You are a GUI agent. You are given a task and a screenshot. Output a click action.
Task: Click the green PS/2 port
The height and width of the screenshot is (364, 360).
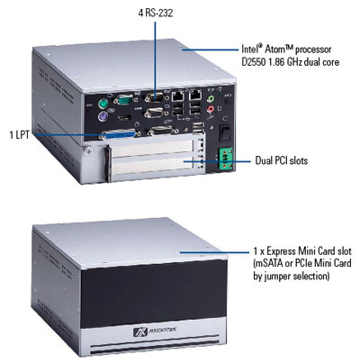coord(103,105)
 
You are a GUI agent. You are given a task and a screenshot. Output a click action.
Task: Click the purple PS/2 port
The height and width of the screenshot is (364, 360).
coord(103,116)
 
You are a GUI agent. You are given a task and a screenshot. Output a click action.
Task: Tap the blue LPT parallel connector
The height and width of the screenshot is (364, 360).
coord(119,134)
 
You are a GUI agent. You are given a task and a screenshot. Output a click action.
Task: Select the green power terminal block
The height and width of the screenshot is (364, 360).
coord(226,159)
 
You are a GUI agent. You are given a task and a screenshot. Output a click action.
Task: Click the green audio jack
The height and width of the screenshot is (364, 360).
coord(211,98)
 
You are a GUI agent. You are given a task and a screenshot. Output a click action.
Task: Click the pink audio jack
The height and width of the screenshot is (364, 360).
coord(211,109)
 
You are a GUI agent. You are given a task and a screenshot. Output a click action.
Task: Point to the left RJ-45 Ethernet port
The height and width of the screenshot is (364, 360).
coord(178,96)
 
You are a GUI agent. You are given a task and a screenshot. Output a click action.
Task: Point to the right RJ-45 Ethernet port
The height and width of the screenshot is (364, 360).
coord(195,95)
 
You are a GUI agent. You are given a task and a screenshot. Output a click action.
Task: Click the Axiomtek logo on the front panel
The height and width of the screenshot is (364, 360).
coord(155,332)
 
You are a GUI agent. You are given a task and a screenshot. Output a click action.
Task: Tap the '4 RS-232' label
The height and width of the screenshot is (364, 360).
coord(156,13)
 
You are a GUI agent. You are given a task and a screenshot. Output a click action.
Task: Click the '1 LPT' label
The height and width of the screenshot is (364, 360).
coord(20,135)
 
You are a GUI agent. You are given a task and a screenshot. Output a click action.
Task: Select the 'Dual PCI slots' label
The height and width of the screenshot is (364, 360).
coord(282,160)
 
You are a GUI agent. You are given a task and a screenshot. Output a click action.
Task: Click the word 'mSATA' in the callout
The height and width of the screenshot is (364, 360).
coord(270,263)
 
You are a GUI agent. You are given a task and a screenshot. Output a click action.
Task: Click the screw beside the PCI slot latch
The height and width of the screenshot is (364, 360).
coord(88,151)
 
